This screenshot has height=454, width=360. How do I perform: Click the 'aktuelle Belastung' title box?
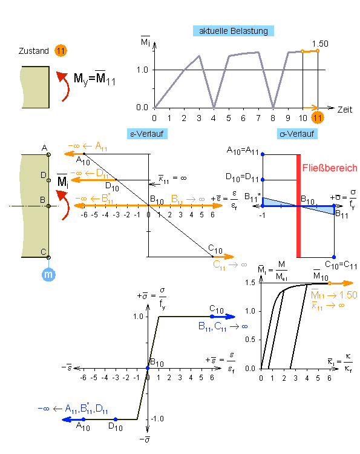(x=234, y=31)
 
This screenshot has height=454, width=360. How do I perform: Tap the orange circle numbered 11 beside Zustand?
(x=61, y=51)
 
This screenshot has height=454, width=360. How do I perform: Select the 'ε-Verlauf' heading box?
(x=147, y=134)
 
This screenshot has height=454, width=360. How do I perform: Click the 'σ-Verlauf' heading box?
(x=297, y=134)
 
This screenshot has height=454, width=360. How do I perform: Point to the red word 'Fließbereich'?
(x=330, y=168)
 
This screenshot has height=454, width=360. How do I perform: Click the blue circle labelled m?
(x=48, y=274)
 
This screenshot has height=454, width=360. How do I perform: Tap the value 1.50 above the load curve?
(x=320, y=44)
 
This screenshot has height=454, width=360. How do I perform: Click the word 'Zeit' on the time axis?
(x=345, y=110)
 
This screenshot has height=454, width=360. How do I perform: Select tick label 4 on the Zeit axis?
(x=214, y=118)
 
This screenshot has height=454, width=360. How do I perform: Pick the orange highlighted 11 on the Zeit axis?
(x=318, y=118)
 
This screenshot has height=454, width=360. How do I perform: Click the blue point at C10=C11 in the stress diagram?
(x=334, y=257)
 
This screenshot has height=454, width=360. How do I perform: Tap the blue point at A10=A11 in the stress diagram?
(x=263, y=154)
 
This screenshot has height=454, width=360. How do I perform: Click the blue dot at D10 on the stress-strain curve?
(x=116, y=419)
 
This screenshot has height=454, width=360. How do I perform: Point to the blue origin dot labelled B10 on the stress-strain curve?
(x=148, y=368)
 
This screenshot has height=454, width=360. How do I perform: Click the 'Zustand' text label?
(x=33, y=51)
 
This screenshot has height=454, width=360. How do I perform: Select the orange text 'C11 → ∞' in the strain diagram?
(x=230, y=265)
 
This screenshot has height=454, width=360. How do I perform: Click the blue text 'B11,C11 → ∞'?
(x=223, y=326)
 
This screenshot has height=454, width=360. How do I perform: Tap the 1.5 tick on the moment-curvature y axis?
(x=250, y=283)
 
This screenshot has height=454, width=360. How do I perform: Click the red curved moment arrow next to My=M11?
(x=64, y=86)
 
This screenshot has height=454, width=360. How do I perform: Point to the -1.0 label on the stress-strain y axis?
(x=157, y=419)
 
